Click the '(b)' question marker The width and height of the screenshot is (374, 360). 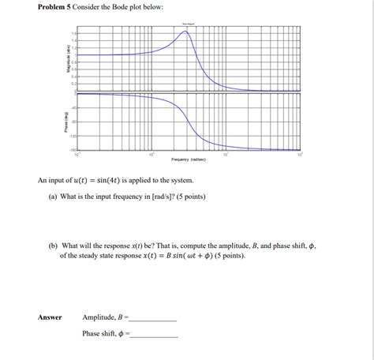pyautogui.click(x=53, y=246)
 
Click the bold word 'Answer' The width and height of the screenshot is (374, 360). pyautogui.click(x=50, y=317)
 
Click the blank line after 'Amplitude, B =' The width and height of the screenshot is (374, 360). pyautogui.click(x=153, y=320)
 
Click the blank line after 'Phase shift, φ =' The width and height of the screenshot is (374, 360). pyautogui.click(x=155, y=336)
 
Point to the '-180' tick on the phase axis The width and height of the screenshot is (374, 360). pyautogui.click(x=73, y=148)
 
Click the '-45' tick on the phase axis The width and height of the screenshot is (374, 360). pyautogui.click(x=74, y=107)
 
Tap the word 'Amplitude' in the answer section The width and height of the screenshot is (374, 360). pyautogui.click(x=99, y=317)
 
